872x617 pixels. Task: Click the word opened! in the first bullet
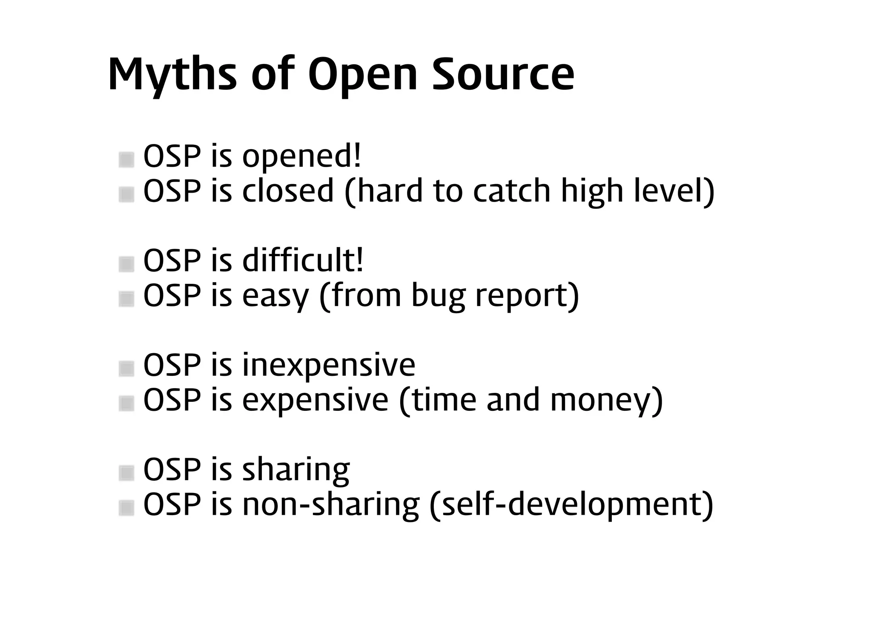coord(302,157)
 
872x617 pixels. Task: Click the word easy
coord(275,296)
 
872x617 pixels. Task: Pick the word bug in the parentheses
coord(438,296)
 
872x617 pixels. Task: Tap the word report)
coord(527,296)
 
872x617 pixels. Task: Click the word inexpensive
coord(328,365)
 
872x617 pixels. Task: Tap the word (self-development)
coord(571,505)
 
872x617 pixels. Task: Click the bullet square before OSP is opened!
coord(126,160)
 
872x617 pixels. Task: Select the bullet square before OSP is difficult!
coord(126,264)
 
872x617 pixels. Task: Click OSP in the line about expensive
coord(172,400)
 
